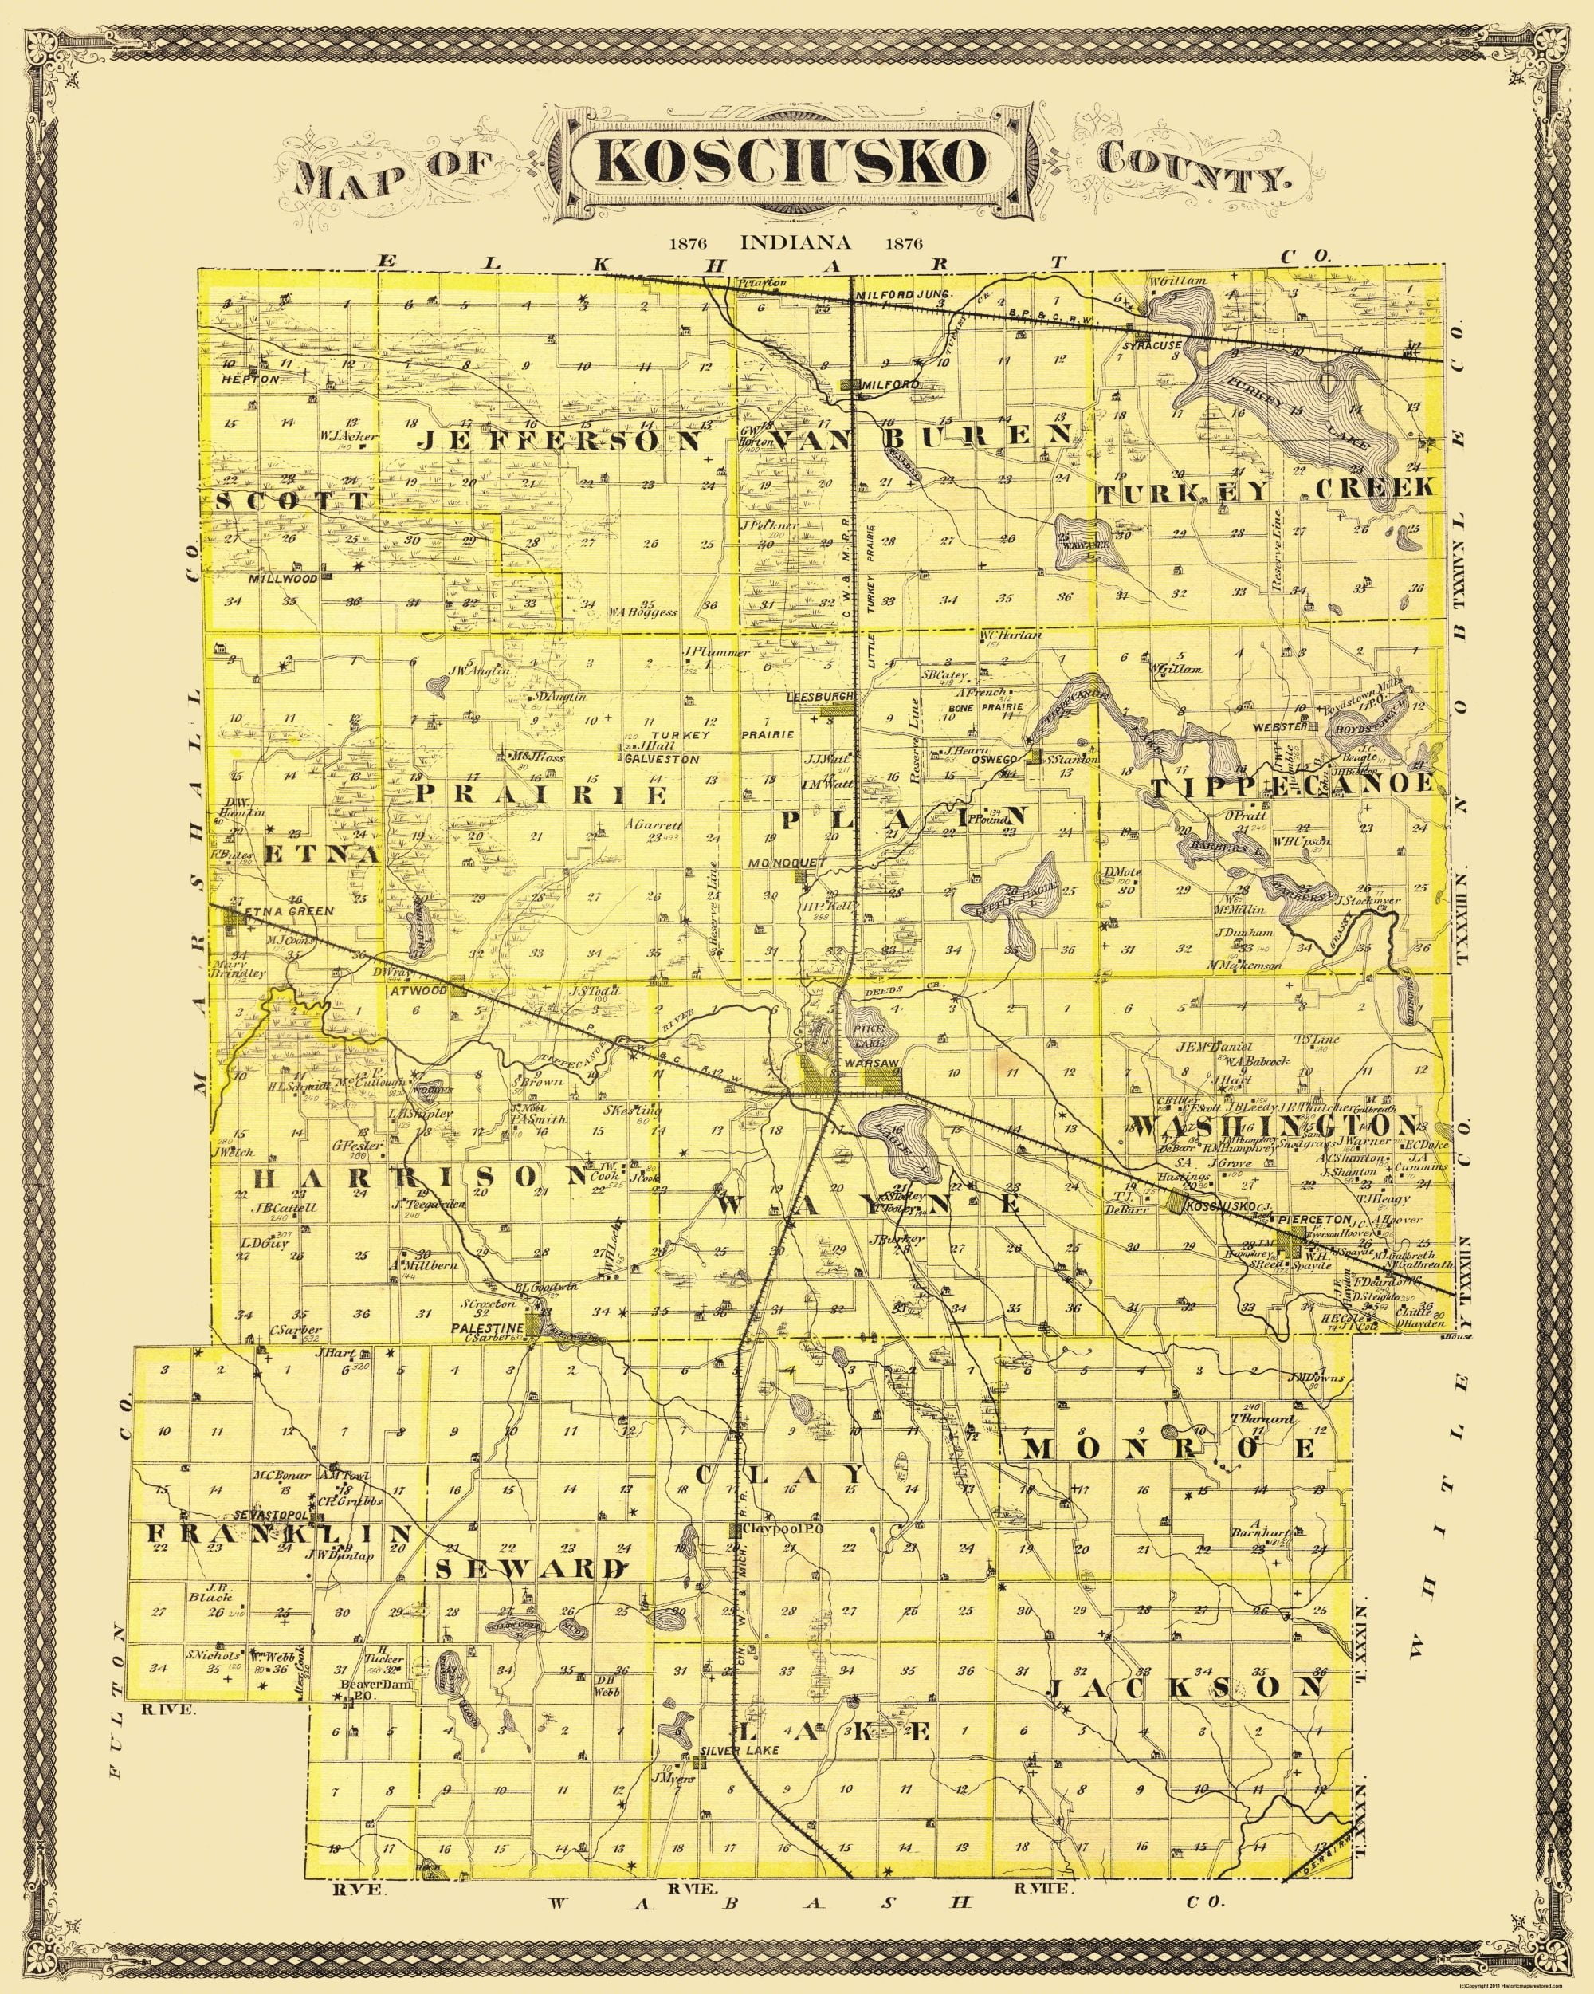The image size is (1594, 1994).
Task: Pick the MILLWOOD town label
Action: [283, 579]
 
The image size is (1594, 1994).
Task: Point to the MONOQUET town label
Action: [791, 862]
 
